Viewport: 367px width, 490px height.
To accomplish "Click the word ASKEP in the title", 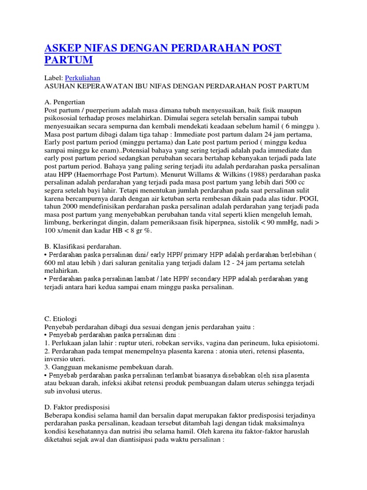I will point(62,48).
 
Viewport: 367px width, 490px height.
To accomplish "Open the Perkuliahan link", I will point(83,77).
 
